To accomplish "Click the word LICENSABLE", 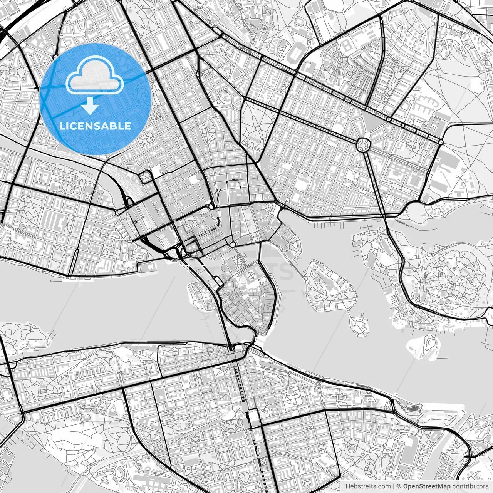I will point(95,126).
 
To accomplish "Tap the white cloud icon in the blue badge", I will point(95,76).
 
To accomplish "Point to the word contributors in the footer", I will point(470,486).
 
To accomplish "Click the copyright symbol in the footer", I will point(399,486).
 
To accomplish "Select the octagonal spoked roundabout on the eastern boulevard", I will point(363,144).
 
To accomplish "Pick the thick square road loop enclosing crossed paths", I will point(146,177).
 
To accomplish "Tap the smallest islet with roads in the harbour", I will point(359,324).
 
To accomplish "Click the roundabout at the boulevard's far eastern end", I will point(441,143).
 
